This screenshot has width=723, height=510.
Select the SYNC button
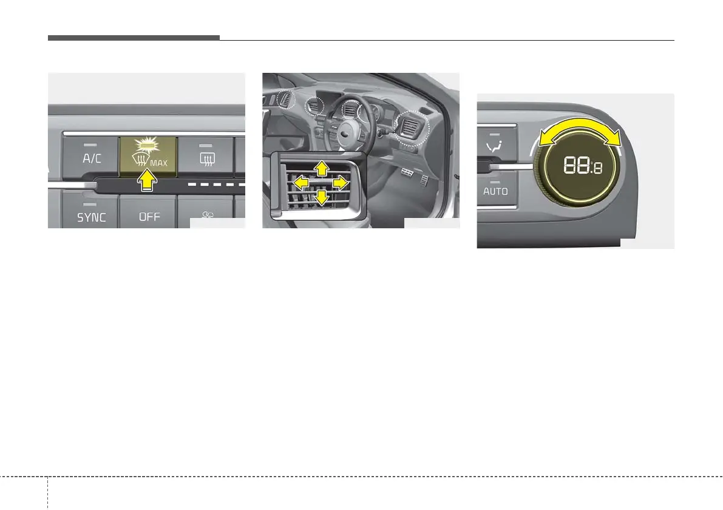pos(92,217)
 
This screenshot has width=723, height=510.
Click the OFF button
pos(149,217)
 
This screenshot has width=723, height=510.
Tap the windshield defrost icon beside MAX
pos(137,161)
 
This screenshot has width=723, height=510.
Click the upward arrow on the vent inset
pos(321,168)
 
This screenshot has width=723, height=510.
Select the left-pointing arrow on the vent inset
pos(299,181)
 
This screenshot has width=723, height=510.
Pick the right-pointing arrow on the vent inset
pos(341,182)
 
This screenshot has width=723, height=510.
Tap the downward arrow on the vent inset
pos(321,196)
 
